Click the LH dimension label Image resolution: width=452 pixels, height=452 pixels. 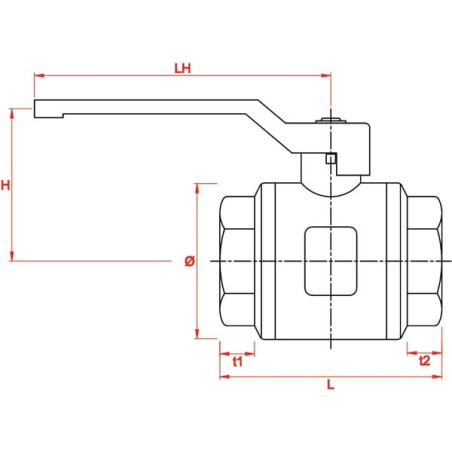(x=183, y=68)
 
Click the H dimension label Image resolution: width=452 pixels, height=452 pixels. (x=5, y=185)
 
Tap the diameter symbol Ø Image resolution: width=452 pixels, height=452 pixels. (x=189, y=261)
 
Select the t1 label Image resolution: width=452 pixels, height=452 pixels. (x=237, y=361)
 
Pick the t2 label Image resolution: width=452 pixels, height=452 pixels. (x=425, y=360)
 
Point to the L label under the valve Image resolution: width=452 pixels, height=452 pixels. (x=330, y=385)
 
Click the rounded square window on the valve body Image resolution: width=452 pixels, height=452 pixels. (x=331, y=261)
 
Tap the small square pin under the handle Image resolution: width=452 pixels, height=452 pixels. (x=331, y=158)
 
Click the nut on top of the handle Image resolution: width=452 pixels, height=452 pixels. (x=331, y=121)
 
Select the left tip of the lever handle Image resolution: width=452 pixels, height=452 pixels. (x=34, y=109)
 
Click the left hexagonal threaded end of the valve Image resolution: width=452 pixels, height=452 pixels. (x=237, y=261)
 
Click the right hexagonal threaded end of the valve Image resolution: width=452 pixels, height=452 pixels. (x=425, y=261)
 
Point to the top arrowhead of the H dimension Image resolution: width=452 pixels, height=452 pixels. (x=12, y=113)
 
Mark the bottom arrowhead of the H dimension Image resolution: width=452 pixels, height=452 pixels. (x=12, y=256)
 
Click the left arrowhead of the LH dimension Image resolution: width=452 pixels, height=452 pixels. (x=39, y=76)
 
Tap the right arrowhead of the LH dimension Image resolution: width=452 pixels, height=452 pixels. (x=326, y=76)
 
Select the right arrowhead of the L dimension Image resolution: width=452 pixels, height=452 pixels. (x=437, y=377)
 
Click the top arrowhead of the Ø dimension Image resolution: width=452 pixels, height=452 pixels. (x=197, y=188)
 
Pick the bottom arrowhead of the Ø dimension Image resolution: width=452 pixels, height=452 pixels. (x=197, y=334)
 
